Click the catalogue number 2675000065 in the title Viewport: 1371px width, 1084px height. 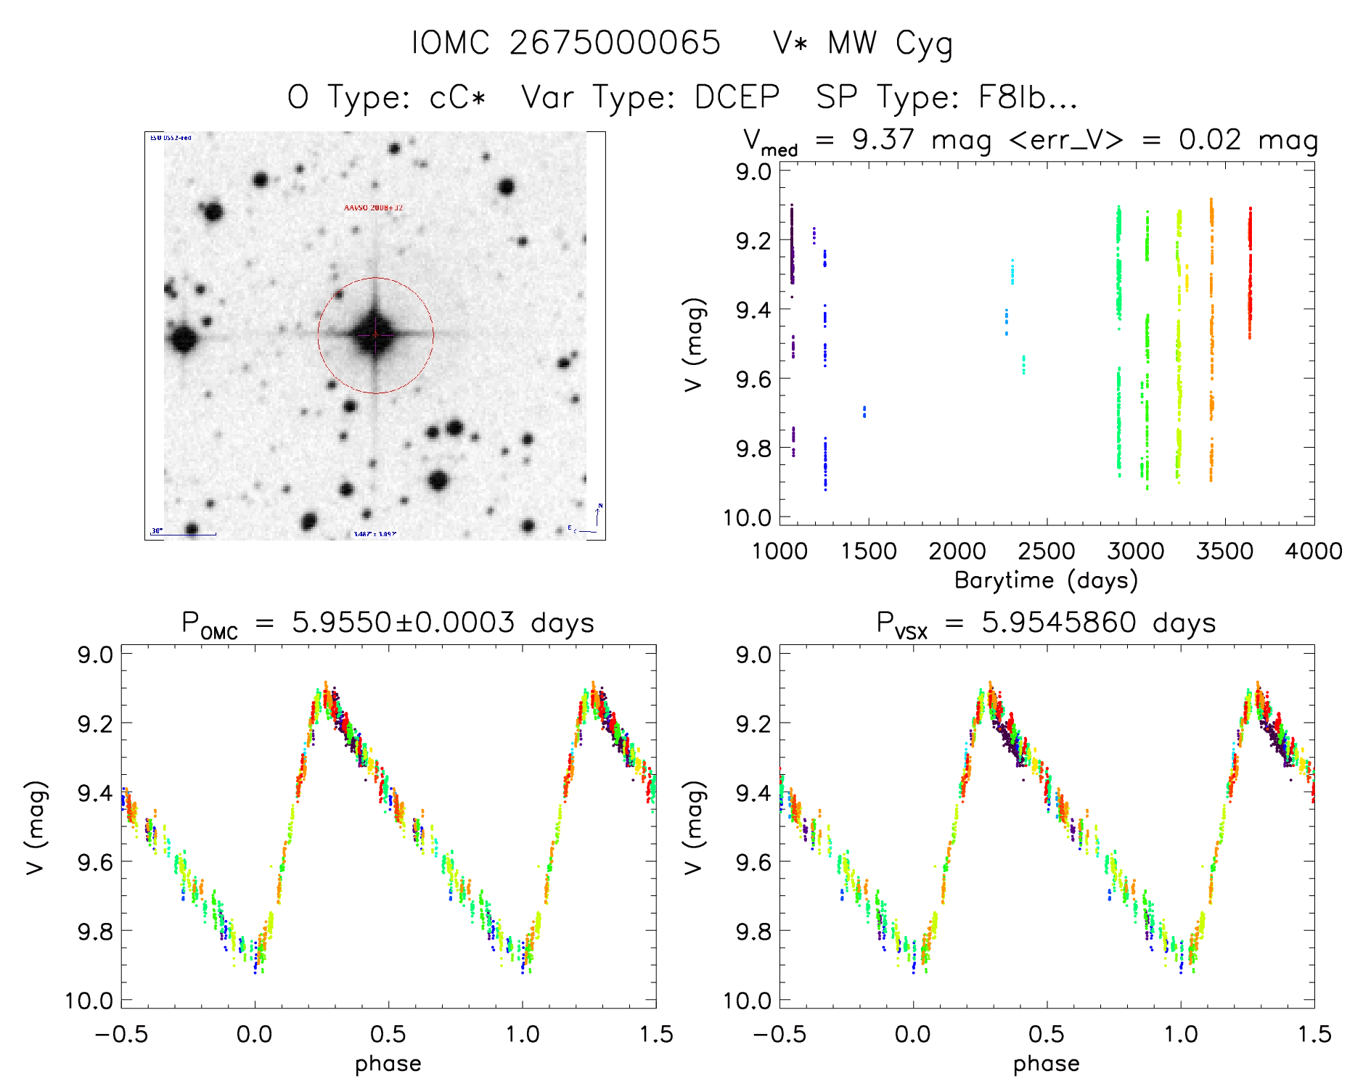click(615, 43)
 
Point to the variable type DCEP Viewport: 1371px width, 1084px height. click(737, 97)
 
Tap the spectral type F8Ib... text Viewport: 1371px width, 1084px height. click(946, 97)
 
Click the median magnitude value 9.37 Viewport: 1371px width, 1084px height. click(883, 139)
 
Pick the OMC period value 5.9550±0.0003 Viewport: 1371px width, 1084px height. click(403, 623)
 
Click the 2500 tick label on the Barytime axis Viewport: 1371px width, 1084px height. click(1047, 551)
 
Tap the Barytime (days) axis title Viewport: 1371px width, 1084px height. click(1046, 580)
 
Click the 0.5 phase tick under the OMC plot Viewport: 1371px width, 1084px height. click(388, 1035)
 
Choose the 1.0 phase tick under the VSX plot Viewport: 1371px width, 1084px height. click(1181, 1035)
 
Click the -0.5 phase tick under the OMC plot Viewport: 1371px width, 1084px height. click(121, 1035)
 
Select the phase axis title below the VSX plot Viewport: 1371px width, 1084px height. click(1046, 1064)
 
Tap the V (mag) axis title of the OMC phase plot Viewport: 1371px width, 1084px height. click(36, 827)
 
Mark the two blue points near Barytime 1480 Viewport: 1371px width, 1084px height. click(864, 411)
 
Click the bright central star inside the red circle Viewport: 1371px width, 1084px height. click(375, 334)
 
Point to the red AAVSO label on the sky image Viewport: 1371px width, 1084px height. click(373, 208)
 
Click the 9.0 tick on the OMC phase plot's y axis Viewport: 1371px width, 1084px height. click(95, 654)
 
